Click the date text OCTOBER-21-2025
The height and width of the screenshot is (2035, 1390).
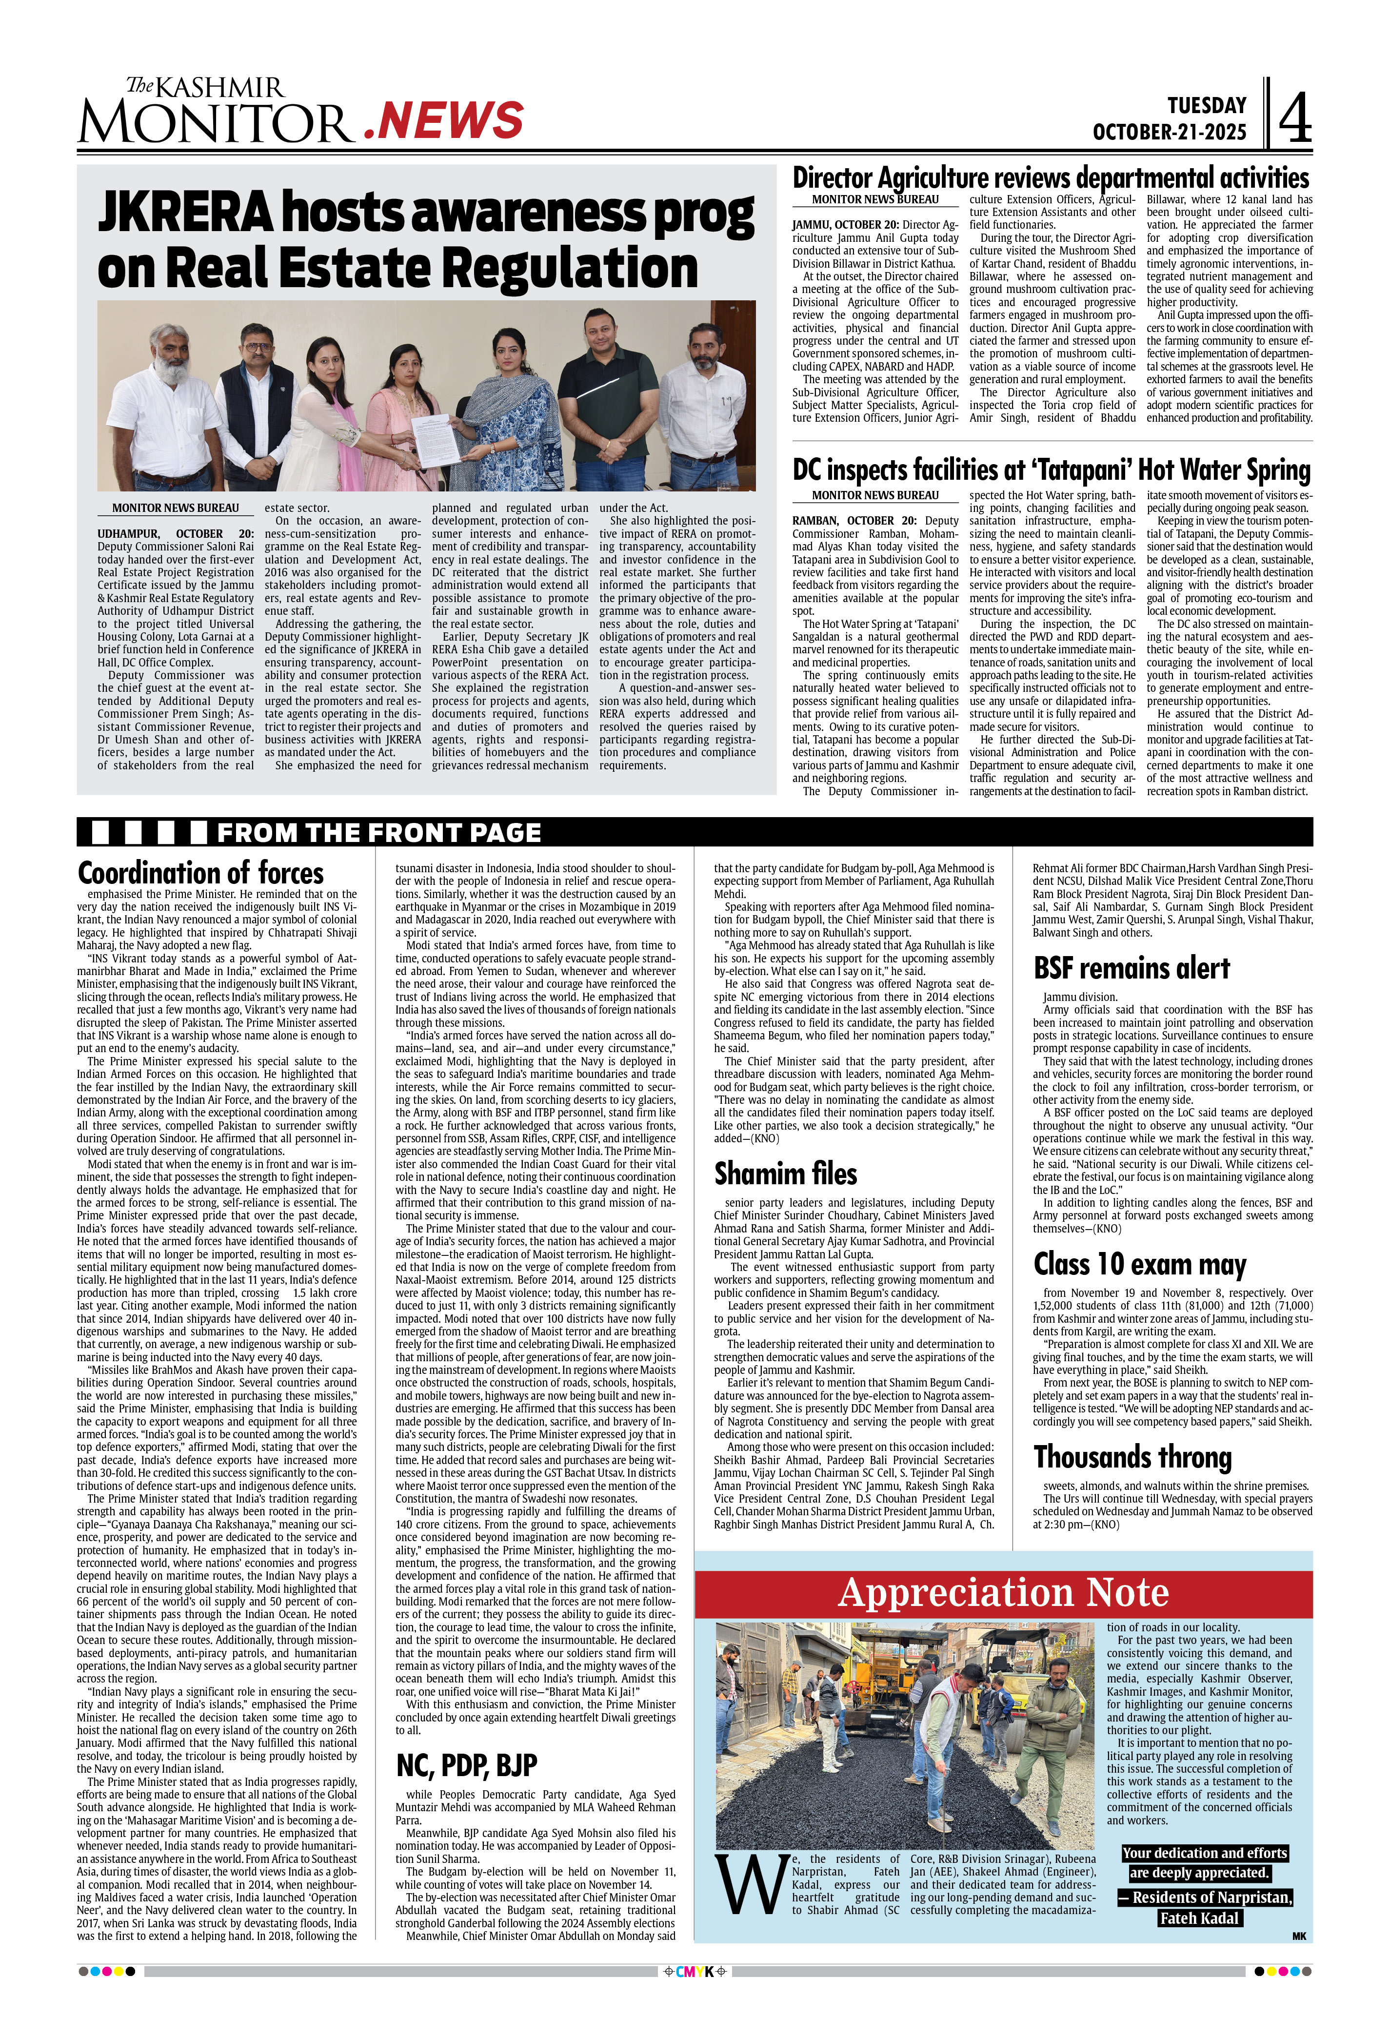(x=1169, y=132)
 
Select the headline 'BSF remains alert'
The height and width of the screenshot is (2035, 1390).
(x=1132, y=968)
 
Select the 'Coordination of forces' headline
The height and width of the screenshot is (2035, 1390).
(x=200, y=873)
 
